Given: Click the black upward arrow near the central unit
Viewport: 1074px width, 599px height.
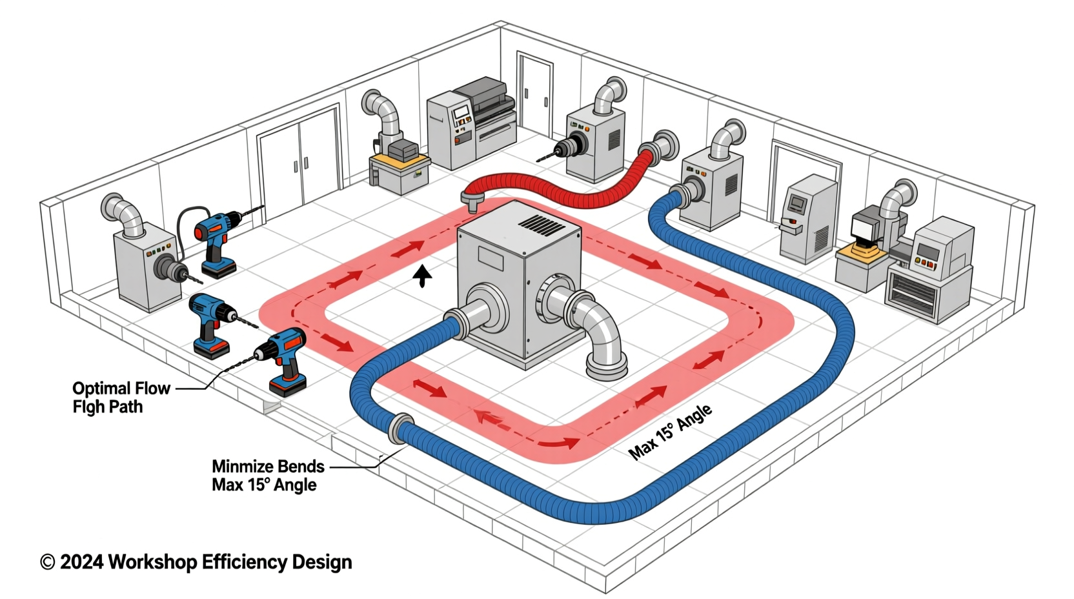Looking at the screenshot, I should click(423, 276).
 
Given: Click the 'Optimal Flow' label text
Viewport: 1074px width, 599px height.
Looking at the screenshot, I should click(121, 389).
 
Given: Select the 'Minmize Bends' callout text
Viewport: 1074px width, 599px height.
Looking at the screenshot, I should click(268, 466).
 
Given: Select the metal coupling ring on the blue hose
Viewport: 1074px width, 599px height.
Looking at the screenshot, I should click(400, 427).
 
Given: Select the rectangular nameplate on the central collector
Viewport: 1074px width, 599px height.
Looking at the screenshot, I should click(491, 258).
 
